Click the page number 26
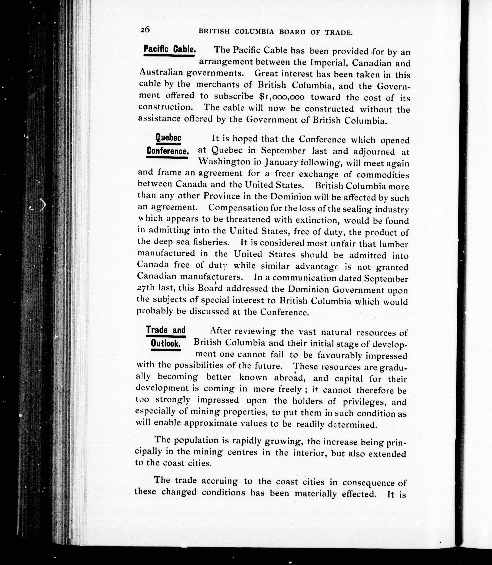145,30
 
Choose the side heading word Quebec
168,137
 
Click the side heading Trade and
166,330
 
